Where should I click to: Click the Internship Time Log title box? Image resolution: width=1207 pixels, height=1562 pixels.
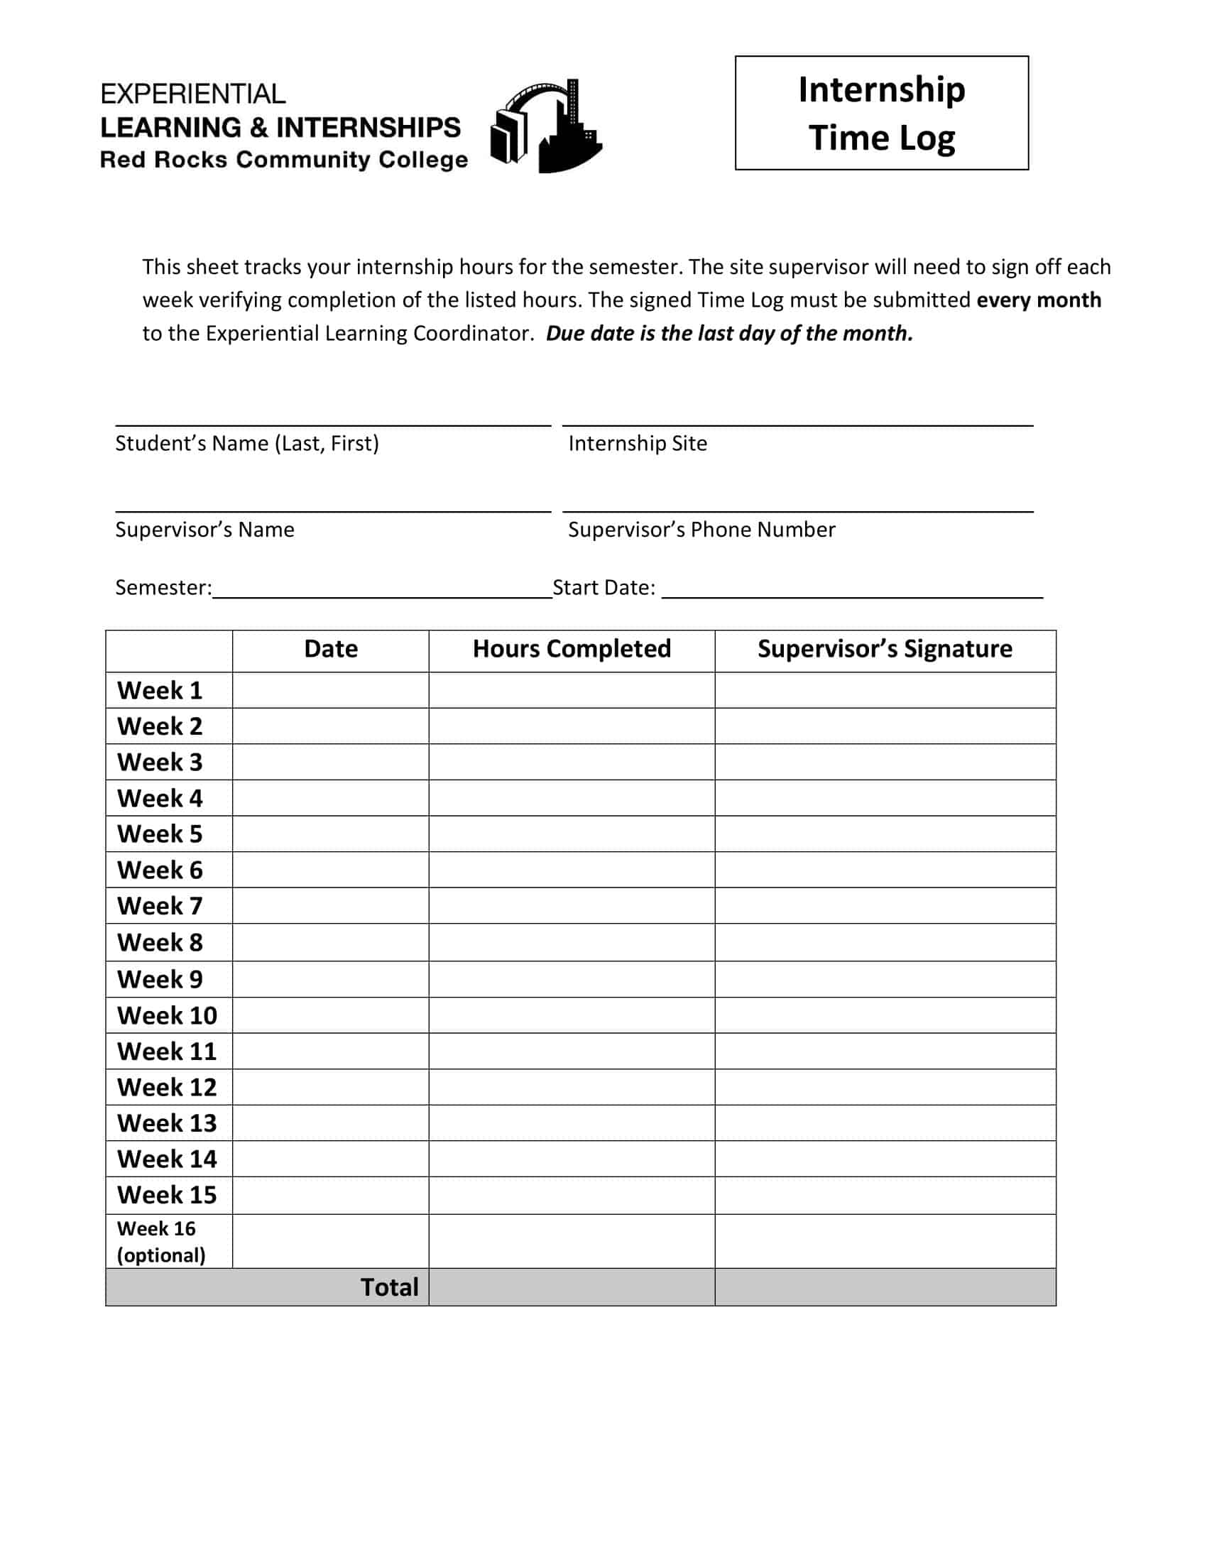[881, 113]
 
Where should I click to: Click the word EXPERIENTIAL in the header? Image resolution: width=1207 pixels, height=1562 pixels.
[193, 94]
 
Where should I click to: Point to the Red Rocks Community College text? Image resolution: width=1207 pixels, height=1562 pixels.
[284, 160]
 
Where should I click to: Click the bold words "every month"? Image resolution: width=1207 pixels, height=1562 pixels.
[1038, 300]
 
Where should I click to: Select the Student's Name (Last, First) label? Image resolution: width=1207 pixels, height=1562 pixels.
[246, 444]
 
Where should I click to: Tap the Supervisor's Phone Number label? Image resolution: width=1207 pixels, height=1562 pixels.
[701, 529]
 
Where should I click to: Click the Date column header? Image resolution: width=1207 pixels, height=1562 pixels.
[330, 649]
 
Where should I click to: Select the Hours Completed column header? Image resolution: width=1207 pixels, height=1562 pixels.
[572, 649]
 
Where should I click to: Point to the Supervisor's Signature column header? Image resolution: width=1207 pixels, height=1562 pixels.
[885, 649]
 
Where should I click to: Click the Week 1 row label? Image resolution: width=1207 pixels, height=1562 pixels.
[160, 690]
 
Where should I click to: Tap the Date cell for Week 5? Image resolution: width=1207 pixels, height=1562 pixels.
[330, 834]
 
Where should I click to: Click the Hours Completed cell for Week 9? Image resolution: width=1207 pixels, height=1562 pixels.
[572, 979]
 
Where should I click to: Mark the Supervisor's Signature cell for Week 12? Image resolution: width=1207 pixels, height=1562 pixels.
[885, 1087]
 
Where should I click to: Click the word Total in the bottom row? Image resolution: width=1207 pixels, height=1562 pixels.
[389, 1287]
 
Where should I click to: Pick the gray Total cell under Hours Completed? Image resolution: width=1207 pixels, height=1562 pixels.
[572, 1287]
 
